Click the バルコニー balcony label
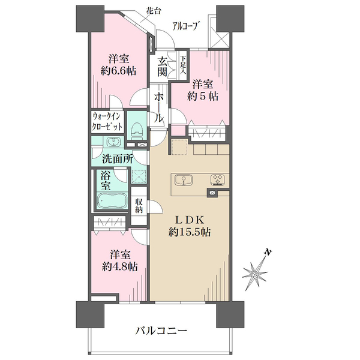coord(161,331)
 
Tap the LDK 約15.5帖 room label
coord(190,226)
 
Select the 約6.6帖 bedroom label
coord(118,65)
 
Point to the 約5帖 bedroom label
coord(203,90)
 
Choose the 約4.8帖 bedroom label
coord(120,260)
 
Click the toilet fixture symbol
coord(137,131)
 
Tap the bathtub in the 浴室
coord(112,200)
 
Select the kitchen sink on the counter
coord(184,180)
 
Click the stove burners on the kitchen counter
coord(218,179)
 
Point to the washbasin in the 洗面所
coord(113,142)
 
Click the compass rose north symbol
coord(255,274)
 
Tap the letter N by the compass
coord(268,252)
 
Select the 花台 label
coord(154,11)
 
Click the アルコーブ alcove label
coord(185,26)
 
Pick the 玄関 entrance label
coord(162,67)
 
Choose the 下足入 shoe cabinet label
coord(183,65)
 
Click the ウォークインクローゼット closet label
coord(106,122)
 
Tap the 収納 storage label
coord(139,205)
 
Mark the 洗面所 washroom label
coord(117,159)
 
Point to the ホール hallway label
coord(159,107)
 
